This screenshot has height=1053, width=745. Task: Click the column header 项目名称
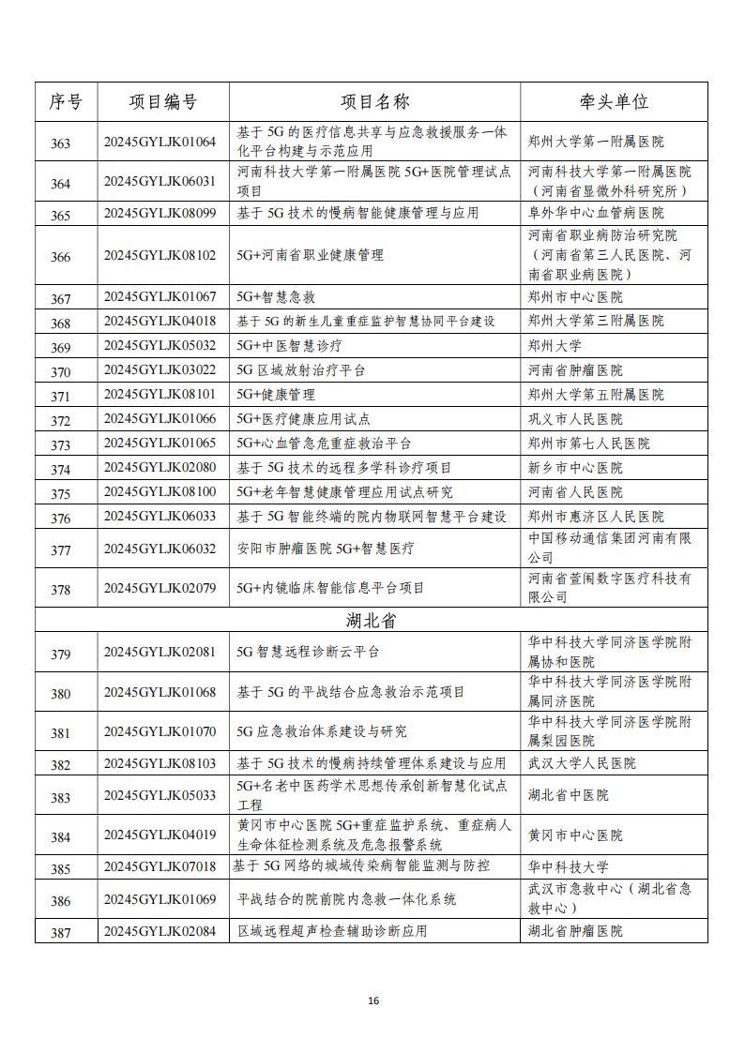pos(374,102)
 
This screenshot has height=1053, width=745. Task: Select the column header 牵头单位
pos(614,102)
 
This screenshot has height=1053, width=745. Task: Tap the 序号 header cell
pos(66,102)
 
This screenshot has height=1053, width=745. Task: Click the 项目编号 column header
pos(163,102)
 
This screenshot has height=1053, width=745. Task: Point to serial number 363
pos(61,143)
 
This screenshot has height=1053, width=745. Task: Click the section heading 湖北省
pos(372,620)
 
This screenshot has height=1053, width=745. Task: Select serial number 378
pos(61,590)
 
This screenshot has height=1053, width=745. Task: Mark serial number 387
pos(61,932)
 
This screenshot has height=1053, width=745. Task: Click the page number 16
pos(373,1001)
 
